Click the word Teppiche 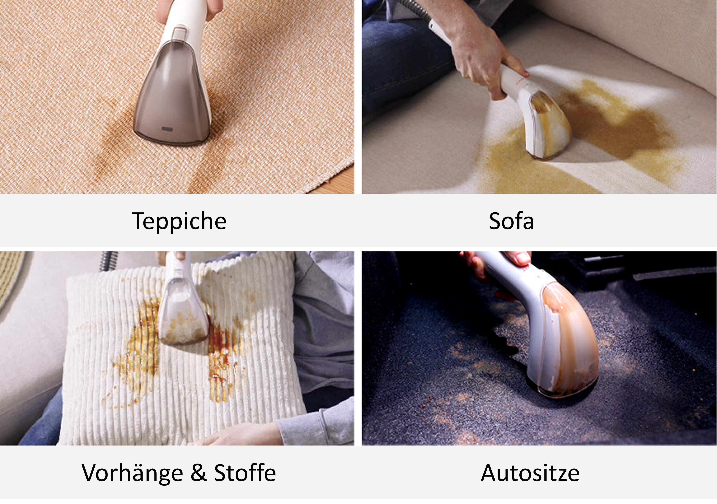point(179,221)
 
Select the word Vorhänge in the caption point(132,473)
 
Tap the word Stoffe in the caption point(245,473)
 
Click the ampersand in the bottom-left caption point(199,473)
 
